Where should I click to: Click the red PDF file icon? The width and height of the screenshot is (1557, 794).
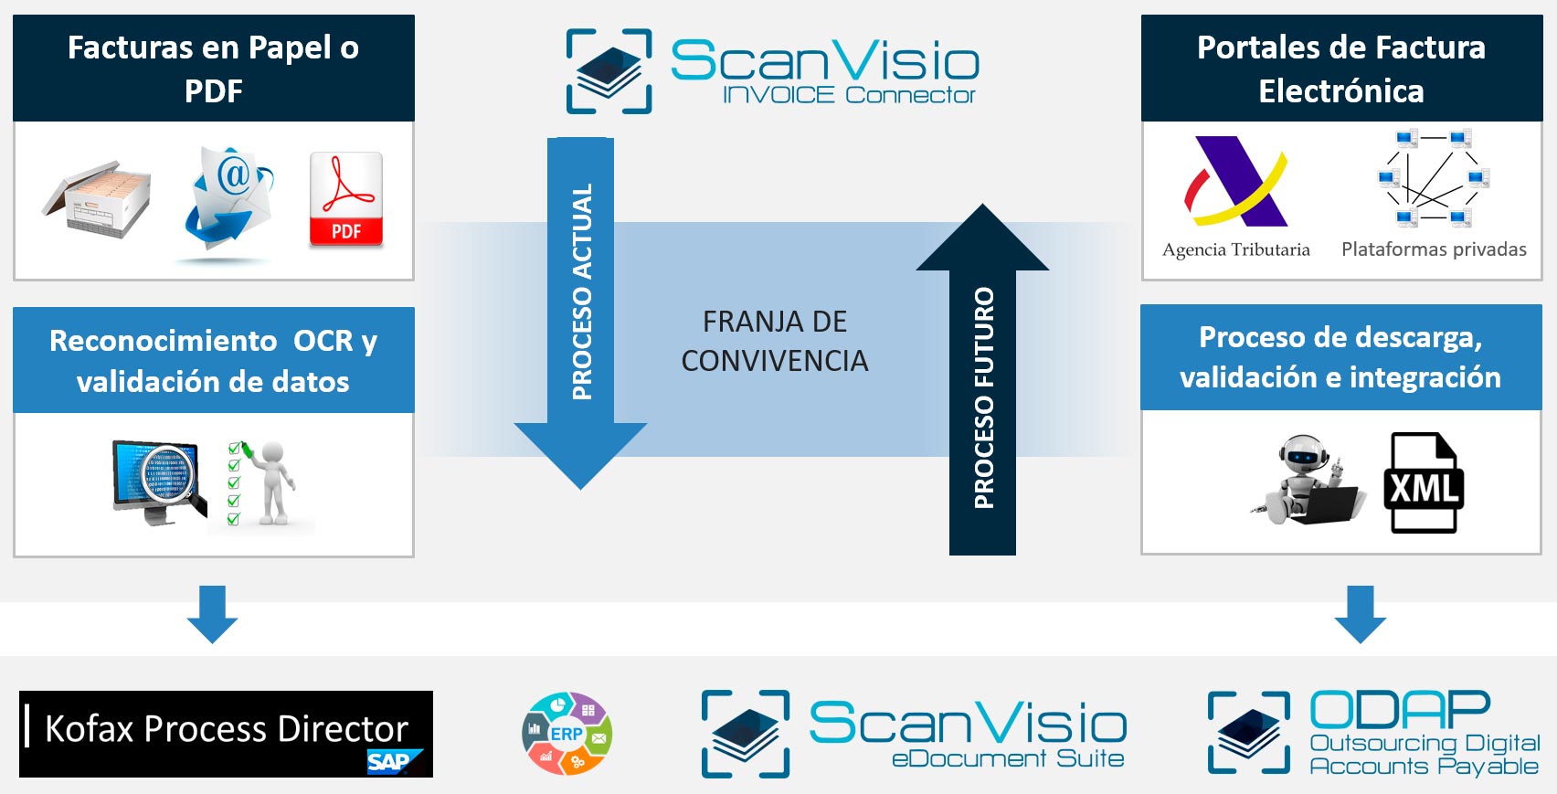tap(345, 199)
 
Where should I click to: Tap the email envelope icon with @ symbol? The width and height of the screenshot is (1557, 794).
tap(229, 201)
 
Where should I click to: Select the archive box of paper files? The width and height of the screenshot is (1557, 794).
tap(97, 199)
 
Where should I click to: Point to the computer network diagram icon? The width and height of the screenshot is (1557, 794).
tap(1434, 179)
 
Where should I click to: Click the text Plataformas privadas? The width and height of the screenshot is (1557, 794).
tap(1434, 249)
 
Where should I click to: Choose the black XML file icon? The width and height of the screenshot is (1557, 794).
tap(1423, 482)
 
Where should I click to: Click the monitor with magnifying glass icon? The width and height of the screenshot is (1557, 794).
tap(158, 482)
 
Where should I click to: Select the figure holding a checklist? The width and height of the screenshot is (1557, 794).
tap(265, 482)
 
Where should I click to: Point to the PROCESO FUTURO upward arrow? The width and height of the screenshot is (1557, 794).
tap(982, 384)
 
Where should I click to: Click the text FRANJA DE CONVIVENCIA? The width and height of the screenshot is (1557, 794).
tap(774, 341)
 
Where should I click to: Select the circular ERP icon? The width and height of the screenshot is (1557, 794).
tap(567, 734)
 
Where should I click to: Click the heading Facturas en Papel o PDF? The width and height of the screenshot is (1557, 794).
tap(213, 69)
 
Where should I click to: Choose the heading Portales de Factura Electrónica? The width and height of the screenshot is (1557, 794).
tap(1340, 69)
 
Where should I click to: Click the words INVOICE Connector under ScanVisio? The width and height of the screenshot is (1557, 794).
tap(848, 95)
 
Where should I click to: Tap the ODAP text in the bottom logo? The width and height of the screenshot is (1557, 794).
tap(1400, 710)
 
